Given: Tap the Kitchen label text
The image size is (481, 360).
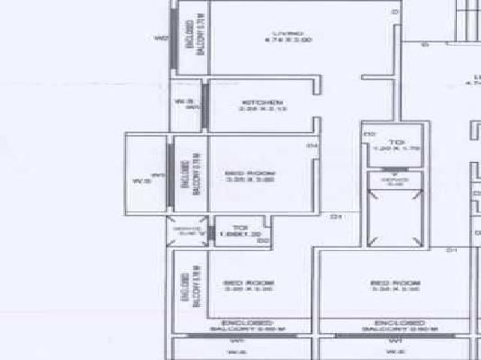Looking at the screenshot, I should (261, 103).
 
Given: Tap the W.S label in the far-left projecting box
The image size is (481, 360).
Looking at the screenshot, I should (141, 180).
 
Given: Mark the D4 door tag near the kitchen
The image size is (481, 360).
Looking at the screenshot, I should (312, 146).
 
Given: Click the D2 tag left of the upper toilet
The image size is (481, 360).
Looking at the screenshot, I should (369, 135).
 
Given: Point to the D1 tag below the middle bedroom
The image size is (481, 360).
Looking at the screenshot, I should (334, 216).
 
